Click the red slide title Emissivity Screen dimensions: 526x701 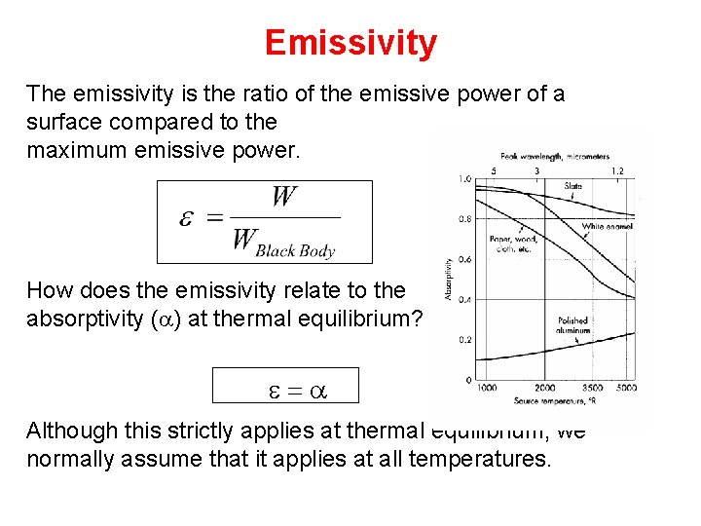pos(350,44)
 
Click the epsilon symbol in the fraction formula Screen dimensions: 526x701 pos(190,216)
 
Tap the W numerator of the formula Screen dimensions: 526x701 pos(284,198)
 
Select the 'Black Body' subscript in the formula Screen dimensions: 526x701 pos(295,250)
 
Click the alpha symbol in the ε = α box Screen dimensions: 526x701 pos(318,390)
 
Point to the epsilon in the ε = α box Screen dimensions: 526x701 pos(276,390)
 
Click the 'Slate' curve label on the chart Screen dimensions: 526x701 pos(573,186)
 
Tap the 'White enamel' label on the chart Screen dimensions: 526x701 pos(607,226)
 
